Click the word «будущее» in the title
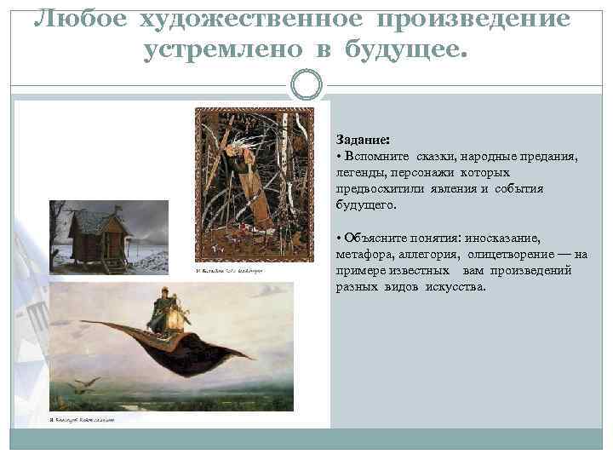click(407, 49)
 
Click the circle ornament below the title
click(306, 85)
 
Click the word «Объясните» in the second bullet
click(375, 238)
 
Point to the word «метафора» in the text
click(364, 254)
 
